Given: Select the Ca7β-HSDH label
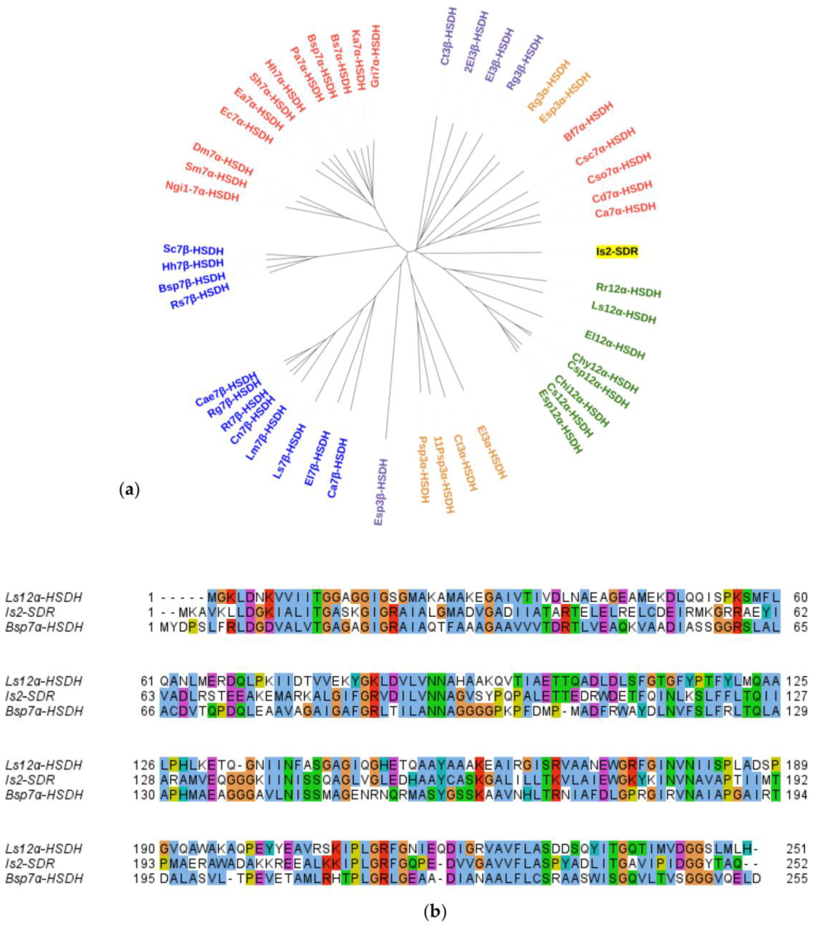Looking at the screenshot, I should click(338, 468).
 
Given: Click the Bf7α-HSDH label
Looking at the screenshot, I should click(588, 121).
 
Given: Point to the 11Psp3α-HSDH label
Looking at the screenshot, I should click(444, 475).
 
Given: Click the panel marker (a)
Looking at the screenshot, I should click(129, 490).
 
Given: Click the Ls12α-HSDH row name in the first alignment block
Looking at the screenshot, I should click(44, 597).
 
